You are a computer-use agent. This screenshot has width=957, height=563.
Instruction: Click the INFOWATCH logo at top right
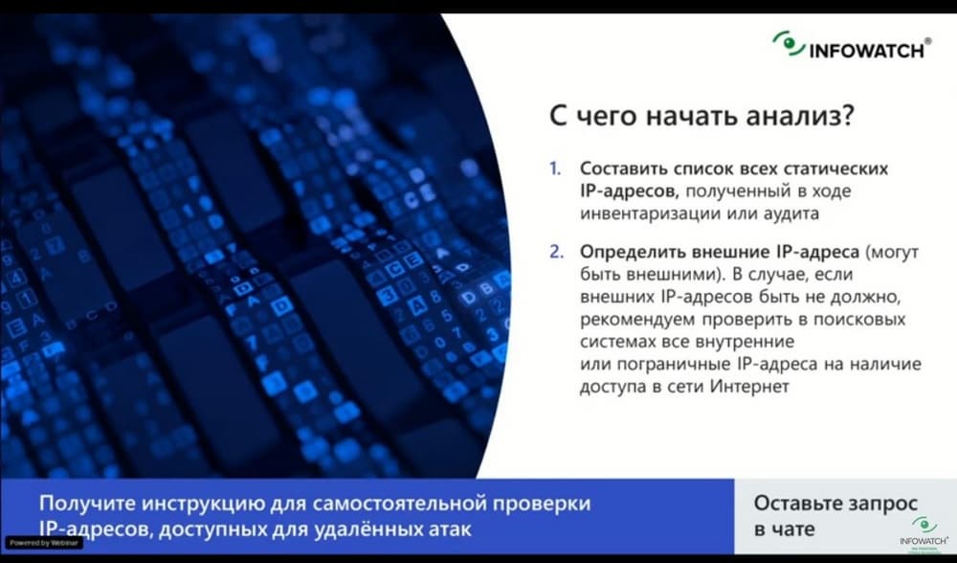pos(852,46)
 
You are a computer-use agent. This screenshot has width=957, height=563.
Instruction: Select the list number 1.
pos(555,169)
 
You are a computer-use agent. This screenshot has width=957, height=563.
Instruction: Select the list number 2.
pos(556,252)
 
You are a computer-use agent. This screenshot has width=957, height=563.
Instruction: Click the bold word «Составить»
pos(622,169)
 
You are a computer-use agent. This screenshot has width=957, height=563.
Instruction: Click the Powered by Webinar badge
pos(43,543)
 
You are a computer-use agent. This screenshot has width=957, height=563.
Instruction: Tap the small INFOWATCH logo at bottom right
pos(924,533)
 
